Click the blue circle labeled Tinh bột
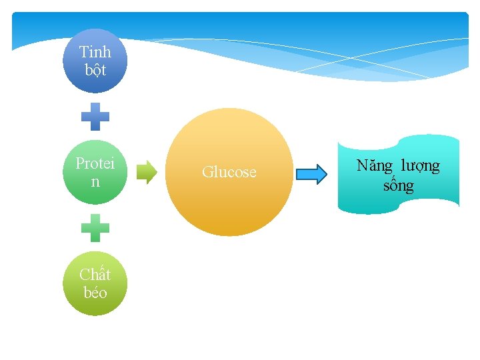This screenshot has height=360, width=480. click(95, 61)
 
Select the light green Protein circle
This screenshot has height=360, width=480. click(95, 172)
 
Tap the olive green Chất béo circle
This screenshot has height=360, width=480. click(95, 283)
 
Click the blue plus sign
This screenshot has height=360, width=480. click(95, 116)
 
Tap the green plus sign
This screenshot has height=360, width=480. click(95, 227)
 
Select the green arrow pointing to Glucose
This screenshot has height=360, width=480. click(147, 172)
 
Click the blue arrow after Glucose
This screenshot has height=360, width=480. click(311, 174)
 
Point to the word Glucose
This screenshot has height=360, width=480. click(229, 172)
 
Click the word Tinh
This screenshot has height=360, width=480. click(95, 51)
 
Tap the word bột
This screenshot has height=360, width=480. click(95, 69)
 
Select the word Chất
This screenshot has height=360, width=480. click(95, 274)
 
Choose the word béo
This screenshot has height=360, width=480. click(95, 292)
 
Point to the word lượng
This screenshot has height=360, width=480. click(420, 166)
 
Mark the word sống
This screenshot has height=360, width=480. click(398, 185)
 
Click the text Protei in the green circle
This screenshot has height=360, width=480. click(95, 163)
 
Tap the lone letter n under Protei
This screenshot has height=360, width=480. click(95, 181)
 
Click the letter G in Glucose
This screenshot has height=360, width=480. click(207, 172)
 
